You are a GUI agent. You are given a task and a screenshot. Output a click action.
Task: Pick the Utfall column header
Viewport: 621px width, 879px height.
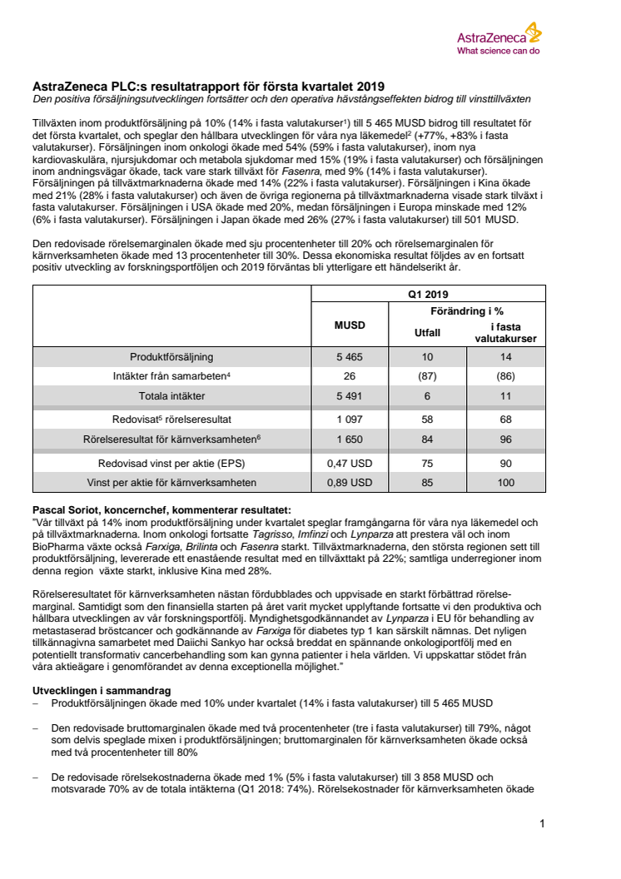tap(427, 331)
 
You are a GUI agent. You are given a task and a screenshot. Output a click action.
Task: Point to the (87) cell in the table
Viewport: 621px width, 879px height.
tap(427, 375)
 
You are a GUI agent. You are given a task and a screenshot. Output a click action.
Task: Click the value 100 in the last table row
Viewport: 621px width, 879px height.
tap(506, 482)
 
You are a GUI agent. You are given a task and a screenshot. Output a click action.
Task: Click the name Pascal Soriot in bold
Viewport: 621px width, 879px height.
tap(67, 509)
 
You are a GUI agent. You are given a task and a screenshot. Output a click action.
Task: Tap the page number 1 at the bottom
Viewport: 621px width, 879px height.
tap(542, 824)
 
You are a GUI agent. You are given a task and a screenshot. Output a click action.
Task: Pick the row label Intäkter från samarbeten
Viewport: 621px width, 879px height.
tap(171, 375)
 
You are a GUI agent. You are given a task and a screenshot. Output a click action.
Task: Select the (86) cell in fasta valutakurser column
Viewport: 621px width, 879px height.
tap(506, 375)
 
